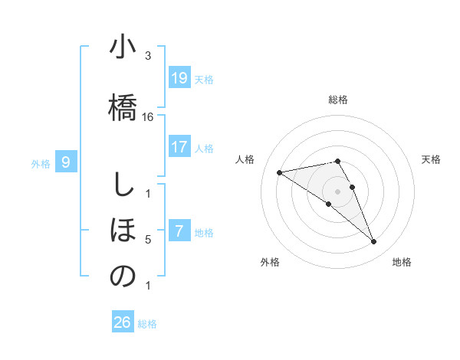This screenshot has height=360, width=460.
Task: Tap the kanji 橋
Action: (122, 103)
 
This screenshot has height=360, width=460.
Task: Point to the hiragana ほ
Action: (122, 231)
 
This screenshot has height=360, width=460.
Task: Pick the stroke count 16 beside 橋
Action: (148, 117)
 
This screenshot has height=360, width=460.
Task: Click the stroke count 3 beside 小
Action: (148, 56)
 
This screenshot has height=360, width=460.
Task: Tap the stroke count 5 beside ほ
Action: (148, 240)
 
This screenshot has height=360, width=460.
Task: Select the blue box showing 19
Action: (179, 78)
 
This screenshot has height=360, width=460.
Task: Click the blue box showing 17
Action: (179, 146)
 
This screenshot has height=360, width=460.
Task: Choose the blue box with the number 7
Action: (179, 231)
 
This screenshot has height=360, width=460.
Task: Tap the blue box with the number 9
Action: (66, 162)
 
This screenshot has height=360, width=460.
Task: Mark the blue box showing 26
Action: (122, 322)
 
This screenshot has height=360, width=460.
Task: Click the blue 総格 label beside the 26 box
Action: (148, 324)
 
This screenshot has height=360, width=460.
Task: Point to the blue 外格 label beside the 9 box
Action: (41, 163)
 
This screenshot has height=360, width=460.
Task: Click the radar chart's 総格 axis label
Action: (338, 100)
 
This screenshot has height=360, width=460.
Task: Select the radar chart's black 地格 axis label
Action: (402, 263)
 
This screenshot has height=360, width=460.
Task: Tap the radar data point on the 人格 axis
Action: (279, 172)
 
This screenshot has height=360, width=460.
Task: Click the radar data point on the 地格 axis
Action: (374, 242)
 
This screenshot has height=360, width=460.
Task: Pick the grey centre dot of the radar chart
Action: (338, 191)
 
